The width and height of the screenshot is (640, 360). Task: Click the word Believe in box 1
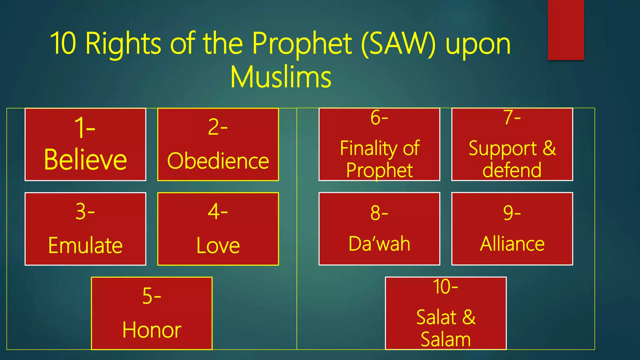pos(85,160)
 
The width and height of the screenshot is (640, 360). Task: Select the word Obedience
pos(218,161)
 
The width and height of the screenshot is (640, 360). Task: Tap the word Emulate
pos(85,246)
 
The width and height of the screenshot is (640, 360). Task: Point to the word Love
pos(218,246)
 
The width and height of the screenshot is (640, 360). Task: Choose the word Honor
pos(152,330)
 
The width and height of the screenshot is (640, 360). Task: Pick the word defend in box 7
pos(512,170)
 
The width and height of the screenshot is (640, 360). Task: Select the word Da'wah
pos(379,244)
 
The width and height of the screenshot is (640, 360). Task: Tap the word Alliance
pos(512,244)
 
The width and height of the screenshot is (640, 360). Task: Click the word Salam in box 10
pos(446,339)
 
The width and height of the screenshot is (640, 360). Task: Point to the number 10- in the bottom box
pos(445,287)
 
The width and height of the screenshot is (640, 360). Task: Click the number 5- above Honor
pos(152,296)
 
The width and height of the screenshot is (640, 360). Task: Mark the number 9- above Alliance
pos(512,213)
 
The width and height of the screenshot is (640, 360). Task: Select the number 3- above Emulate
pos(85,212)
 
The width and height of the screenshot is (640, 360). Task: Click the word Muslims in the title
pos(281,77)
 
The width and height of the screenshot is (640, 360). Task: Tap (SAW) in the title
pos(398,44)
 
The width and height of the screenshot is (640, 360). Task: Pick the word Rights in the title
pos(123,44)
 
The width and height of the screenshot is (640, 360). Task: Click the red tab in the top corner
pos(566,30)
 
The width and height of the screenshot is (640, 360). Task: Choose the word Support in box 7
pos(502,148)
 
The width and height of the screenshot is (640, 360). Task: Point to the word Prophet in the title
pos(302,44)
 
